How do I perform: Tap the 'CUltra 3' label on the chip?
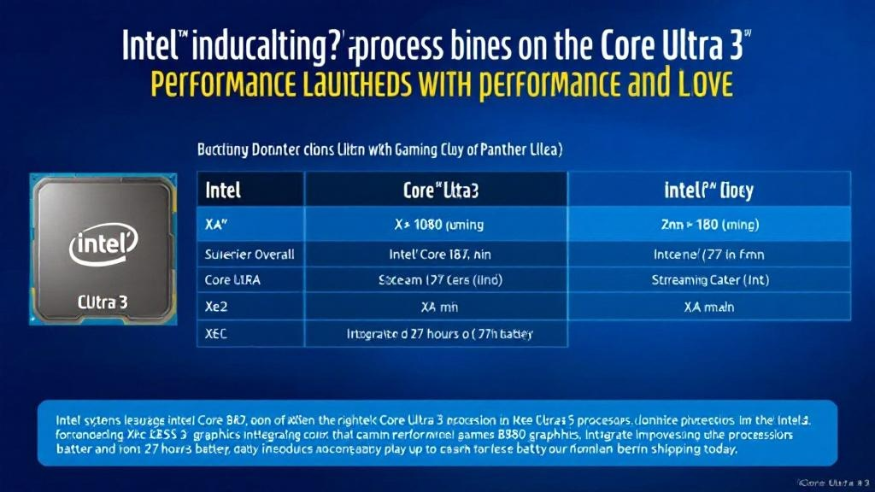pyautogui.click(x=103, y=302)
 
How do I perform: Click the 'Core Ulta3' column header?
pyautogui.click(x=439, y=189)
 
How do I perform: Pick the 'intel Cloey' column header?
pyautogui.click(x=708, y=189)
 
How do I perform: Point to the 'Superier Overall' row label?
pyautogui.click(x=250, y=254)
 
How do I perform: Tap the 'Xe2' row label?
pyautogui.click(x=217, y=307)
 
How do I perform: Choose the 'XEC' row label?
pyautogui.click(x=219, y=333)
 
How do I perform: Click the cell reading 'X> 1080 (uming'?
pyautogui.click(x=439, y=225)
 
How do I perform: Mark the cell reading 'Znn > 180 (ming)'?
pyautogui.click(x=708, y=225)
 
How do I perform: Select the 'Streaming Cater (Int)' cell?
pyautogui.click(x=708, y=279)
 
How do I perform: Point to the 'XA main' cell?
pyautogui.click(x=708, y=307)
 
